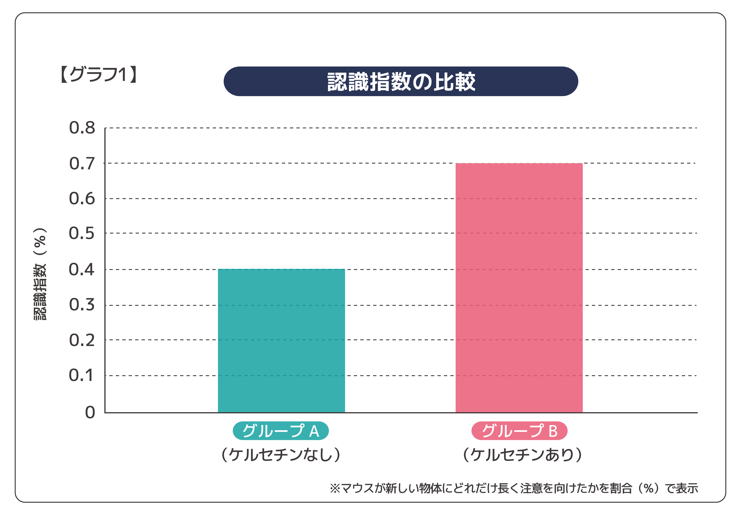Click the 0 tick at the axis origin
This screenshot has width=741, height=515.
[x=90, y=412]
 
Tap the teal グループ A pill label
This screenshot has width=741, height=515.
[x=281, y=431]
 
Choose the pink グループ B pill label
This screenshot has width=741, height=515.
[x=519, y=431]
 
